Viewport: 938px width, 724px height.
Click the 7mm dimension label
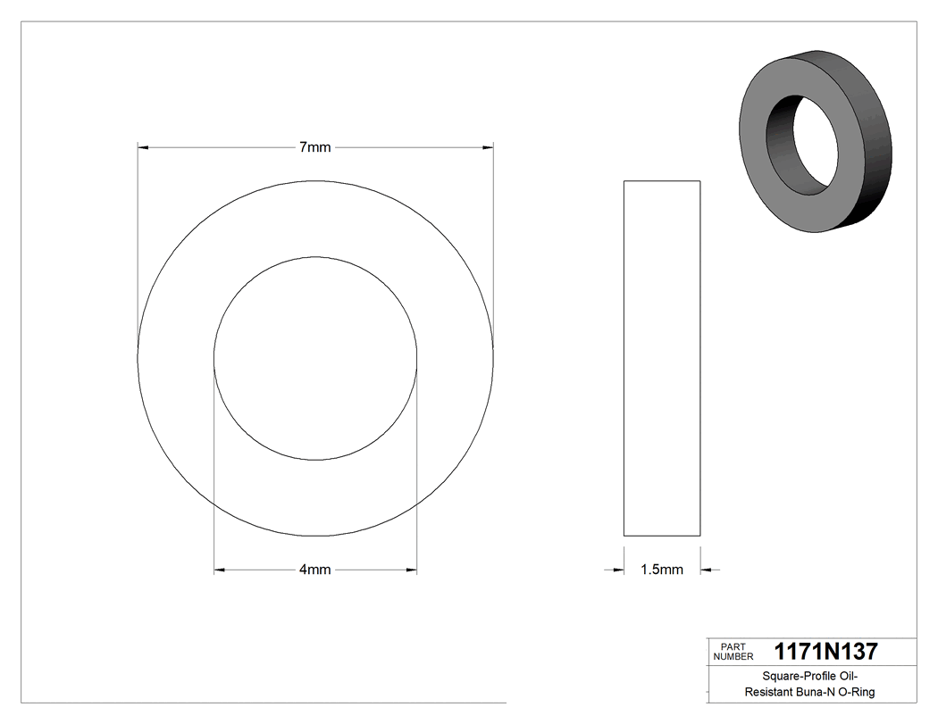click(314, 147)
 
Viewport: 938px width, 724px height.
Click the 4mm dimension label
click(314, 570)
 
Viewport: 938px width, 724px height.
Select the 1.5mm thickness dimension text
click(661, 570)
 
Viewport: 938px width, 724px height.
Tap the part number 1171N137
click(825, 651)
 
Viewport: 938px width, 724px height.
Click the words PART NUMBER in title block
click(733, 651)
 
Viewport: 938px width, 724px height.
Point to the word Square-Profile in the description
click(786, 677)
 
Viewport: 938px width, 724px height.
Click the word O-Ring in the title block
click(854, 692)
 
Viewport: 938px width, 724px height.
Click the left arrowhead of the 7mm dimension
click(143, 147)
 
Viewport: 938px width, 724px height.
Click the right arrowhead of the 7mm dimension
click(488, 147)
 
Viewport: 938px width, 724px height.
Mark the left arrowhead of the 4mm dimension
click(220, 570)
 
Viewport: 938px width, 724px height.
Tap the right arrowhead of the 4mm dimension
click(411, 570)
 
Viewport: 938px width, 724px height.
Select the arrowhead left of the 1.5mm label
click(617, 570)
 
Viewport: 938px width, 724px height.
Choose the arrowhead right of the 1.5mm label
click(706, 570)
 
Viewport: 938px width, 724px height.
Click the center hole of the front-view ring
click(315, 359)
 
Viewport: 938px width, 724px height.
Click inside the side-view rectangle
click(661, 357)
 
